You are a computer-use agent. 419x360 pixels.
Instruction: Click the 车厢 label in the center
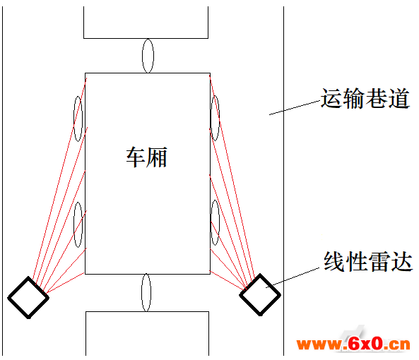click(147, 157)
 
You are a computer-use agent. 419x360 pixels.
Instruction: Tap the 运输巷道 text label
click(365, 99)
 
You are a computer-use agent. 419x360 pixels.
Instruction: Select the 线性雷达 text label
click(368, 261)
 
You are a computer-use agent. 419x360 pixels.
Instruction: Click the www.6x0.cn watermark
click(353, 344)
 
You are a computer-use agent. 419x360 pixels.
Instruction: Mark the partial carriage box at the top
click(146, 38)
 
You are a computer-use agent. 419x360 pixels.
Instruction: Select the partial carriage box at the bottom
click(147, 311)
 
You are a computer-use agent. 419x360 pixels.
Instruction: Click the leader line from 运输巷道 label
click(295, 108)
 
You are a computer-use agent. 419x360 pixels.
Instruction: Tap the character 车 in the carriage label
click(136, 157)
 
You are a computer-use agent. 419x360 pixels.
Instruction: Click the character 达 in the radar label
click(402, 261)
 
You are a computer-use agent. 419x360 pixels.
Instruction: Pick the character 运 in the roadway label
click(331, 99)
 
